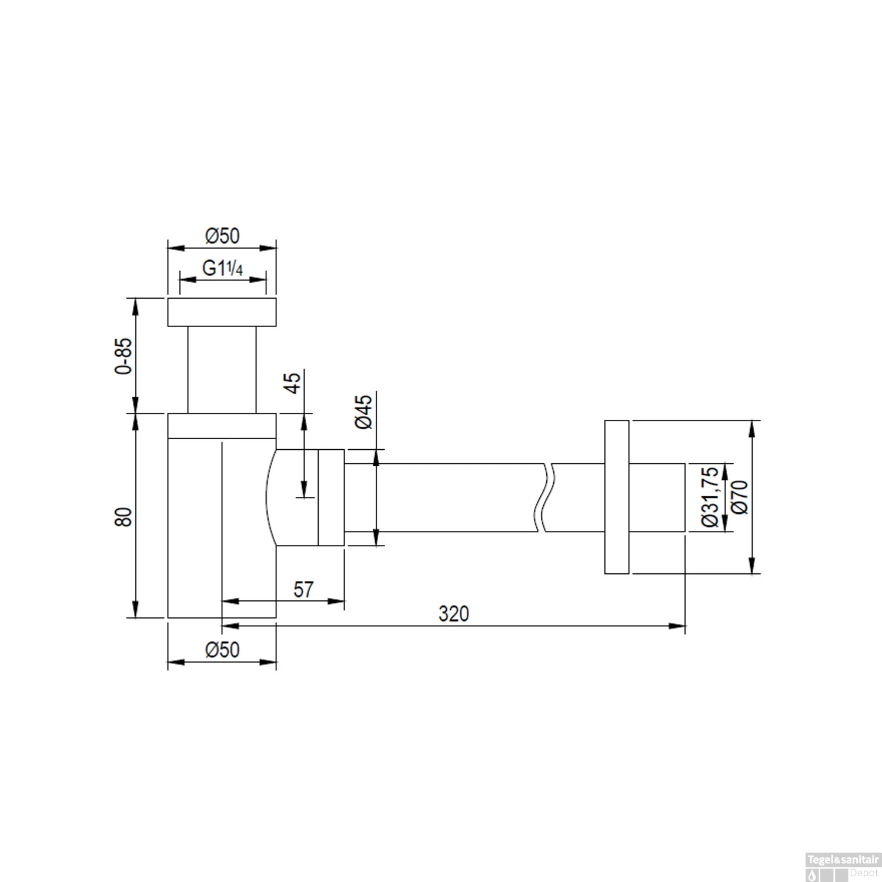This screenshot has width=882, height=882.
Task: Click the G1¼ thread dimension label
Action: [222, 268]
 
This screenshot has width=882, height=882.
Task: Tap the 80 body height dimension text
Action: [123, 516]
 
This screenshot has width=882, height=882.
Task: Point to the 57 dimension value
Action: [303, 589]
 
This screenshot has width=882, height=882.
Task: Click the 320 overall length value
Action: [454, 614]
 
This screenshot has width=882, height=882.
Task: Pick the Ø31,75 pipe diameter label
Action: [710, 497]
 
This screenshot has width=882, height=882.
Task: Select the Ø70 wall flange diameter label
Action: [740, 497]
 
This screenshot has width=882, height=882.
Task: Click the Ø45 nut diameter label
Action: [364, 412]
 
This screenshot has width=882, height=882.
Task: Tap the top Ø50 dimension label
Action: [222, 236]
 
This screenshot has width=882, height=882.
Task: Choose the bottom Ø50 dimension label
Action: [222, 650]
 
